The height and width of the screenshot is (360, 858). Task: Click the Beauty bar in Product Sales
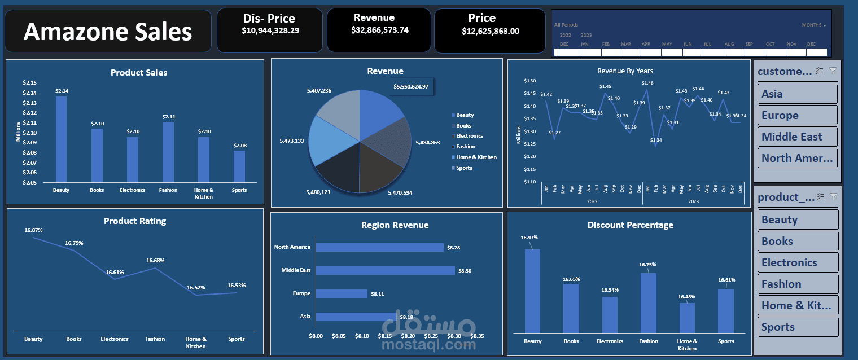tap(61, 139)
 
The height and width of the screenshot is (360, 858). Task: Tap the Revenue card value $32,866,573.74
tap(380, 30)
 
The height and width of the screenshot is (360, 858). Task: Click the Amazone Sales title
tap(108, 32)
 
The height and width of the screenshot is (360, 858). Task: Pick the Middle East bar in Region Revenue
tap(385, 270)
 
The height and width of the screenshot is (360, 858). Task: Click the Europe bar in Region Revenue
tap(342, 293)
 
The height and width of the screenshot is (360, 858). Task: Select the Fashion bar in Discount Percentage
tap(649, 302)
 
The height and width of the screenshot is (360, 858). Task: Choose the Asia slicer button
tap(798, 94)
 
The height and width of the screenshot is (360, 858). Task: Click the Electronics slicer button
tap(798, 262)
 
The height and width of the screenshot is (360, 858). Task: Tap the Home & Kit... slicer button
tap(798, 305)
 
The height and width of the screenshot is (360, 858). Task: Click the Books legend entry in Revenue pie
tap(463, 126)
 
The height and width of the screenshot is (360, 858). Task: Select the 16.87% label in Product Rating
tap(33, 230)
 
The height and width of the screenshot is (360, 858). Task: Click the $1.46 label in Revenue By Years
tap(647, 83)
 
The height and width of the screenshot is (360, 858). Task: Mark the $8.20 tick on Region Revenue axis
tap(408, 336)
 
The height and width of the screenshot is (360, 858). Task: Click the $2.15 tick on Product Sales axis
tap(29, 83)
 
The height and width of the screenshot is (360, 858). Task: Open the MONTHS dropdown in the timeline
tap(814, 25)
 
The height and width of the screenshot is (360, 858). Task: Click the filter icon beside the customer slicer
tap(833, 71)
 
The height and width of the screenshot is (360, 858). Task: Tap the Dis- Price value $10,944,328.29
tap(270, 30)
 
